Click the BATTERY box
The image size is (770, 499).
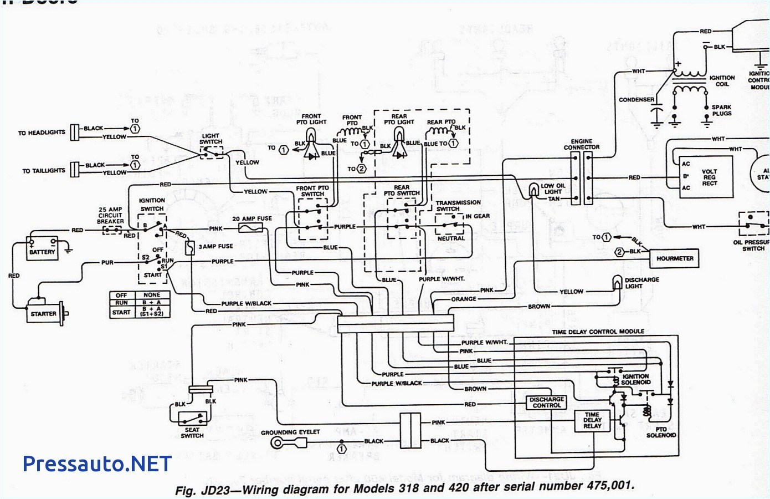[43, 248]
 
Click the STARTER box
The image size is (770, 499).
[44, 314]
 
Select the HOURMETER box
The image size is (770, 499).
[674, 258]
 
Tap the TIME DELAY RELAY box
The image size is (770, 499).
[592, 420]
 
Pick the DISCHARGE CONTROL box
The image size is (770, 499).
[546, 403]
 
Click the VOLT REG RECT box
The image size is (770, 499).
[706, 177]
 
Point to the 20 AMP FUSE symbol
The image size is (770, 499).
[249, 228]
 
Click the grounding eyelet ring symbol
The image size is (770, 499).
[278, 442]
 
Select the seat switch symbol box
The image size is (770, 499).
[192, 417]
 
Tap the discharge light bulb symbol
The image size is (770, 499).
[617, 283]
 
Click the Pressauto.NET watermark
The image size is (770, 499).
[97, 464]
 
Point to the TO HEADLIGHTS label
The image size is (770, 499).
[41, 133]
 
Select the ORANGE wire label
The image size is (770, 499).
[464, 299]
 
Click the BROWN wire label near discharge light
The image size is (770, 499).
[538, 306]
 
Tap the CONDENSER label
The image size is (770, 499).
[636, 100]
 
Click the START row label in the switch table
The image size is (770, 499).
[121, 312]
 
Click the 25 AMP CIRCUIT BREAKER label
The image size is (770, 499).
[110, 216]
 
